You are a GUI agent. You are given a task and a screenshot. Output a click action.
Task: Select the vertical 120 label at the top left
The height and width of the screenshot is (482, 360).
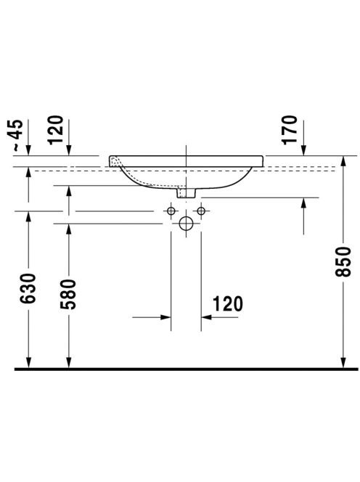coord(55,130)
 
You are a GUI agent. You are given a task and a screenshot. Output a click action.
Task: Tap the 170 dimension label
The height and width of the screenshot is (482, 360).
coord(290,130)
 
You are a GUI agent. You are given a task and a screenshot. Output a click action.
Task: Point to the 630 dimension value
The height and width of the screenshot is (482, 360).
coord(28,288)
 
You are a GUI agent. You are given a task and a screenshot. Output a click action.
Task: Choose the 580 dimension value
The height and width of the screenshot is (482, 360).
coord(68,294)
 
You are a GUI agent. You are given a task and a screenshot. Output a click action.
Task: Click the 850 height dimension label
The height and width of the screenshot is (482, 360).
coord(343,261)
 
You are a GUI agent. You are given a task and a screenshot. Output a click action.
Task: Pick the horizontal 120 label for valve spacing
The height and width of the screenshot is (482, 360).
coord(228,303)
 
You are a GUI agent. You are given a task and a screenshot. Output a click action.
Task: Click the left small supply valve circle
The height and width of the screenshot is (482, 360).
coord(171,211)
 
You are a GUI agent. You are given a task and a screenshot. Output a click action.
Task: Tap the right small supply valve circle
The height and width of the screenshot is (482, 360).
coord(201,211)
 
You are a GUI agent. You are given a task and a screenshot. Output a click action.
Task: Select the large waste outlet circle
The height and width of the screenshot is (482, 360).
coord(186,224)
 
